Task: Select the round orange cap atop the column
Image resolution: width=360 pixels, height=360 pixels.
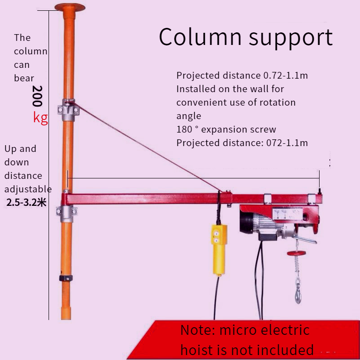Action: pyautogui.click(x=70, y=7)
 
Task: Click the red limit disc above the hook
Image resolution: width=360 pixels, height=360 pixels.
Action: pyautogui.click(x=297, y=253)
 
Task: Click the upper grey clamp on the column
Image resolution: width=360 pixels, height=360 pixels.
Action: pyautogui.click(x=69, y=110)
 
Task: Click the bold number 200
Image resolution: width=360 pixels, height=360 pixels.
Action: pyautogui.click(x=38, y=96)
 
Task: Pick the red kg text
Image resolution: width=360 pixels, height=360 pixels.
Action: pyautogui.click(x=40, y=118)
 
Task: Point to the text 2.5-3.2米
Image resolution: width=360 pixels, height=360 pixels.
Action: pyautogui.click(x=27, y=202)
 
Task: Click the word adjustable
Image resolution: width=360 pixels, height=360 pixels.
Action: pyautogui.click(x=28, y=189)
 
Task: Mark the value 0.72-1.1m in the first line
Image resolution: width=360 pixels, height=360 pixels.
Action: pyautogui.click(x=285, y=76)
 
